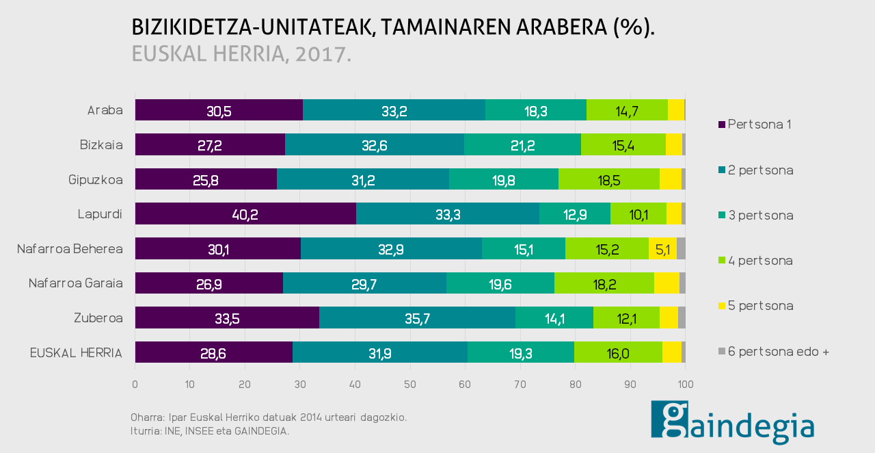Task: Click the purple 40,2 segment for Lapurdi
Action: (x=245, y=213)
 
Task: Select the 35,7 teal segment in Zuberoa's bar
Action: (x=417, y=318)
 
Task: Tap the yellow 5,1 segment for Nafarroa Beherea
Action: (x=662, y=248)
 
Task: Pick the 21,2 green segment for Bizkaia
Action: (x=522, y=144)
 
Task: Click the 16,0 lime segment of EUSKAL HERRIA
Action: (x=618, y=352)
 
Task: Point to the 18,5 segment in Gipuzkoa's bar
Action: (x=608, y=179)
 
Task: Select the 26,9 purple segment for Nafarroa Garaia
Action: (x=208, y=283)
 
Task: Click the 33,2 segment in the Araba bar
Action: (x=394, y=110)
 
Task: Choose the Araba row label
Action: (x=105, y=110)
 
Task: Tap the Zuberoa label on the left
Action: (x=98, y=318)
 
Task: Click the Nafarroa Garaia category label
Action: (x=75, y=283)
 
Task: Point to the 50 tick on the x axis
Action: (x=410, y=385)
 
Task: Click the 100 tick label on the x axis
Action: (x=685, y=385)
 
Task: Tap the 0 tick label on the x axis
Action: (x=135, y=385)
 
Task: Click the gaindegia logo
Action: (x=732, y=423)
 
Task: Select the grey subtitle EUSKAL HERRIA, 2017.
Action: (x=241, y=54)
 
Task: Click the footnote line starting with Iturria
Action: (x=210, y=431)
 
